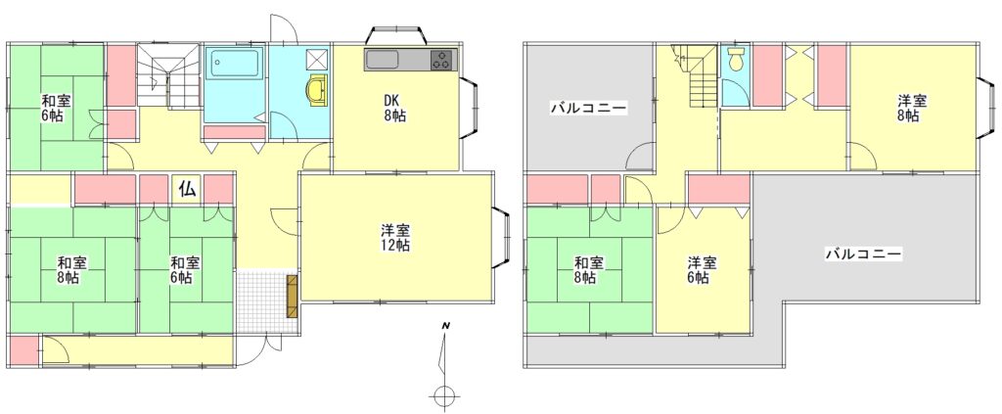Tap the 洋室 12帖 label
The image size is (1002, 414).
[x=396, y=238]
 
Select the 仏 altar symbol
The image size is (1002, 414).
[x=187, y=189]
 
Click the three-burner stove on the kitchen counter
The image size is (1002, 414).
[x=441, y=60]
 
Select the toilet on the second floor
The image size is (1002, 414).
[x=737, y=58]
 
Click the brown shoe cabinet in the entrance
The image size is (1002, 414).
[x=292, y=297]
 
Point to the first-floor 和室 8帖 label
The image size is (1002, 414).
[x=72, y=269]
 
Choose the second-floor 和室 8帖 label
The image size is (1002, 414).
[x=588, y=269]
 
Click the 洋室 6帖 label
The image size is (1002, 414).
[x=703, y=269]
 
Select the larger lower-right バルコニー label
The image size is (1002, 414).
[x=863, y=254]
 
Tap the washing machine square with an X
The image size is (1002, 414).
[x=316, y=60]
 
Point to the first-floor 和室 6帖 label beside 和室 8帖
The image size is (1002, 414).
[x=185, y=269]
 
